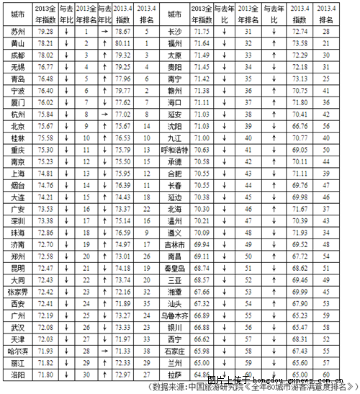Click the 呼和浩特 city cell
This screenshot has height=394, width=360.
pyautogui.click(x=174, y=149)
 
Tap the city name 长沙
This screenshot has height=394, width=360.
pyautogui.click(x=174, y=32)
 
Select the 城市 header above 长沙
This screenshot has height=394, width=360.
pyautogui.click(x=174, y=13)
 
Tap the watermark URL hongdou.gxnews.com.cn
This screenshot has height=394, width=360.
pyautogui.click(x=302, y=377)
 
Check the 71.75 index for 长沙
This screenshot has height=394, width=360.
pyautogui.click(x=201, y=32)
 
